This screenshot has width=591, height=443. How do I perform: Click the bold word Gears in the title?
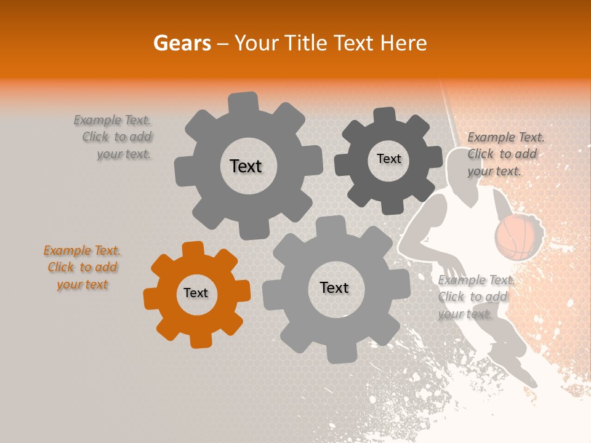pos(182,43)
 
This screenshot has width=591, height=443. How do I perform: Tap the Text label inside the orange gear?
pos(196,293)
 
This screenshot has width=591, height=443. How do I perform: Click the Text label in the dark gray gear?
pos(388,159)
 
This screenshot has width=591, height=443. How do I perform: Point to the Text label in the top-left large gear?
pos(246,166)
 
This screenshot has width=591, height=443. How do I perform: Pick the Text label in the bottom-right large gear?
pos(334,288)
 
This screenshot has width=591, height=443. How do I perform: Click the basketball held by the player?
pos(518,237)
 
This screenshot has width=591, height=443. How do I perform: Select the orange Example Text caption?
pos(82,268)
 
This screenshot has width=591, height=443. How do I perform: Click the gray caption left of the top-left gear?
pos(114,137)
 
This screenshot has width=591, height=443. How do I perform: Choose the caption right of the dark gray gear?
pos(505,154)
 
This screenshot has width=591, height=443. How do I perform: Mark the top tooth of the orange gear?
pos(193,249)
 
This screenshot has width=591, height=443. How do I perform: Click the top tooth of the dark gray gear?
pos(385,115)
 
